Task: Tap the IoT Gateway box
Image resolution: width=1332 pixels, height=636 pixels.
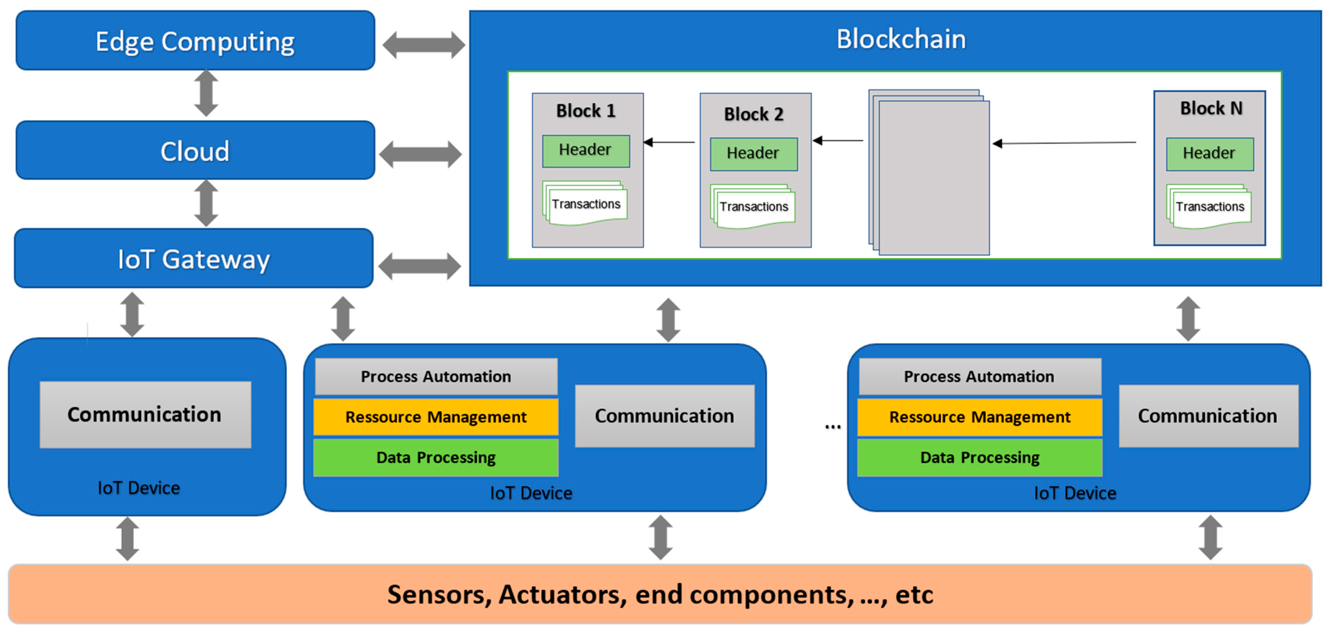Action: (194, 259)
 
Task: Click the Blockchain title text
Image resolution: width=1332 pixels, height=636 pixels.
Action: (901, 39)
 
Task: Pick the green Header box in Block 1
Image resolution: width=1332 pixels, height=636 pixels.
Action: (585, 150)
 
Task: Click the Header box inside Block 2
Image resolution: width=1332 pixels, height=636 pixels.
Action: (753, 154)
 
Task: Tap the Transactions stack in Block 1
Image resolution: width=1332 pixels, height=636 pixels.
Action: (585, 204)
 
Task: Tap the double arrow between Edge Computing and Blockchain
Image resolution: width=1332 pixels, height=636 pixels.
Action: (424, 45)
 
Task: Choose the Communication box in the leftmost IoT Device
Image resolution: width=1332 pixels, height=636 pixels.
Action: (145, 415)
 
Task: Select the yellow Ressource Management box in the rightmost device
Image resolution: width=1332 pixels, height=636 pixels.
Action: (979, 417)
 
